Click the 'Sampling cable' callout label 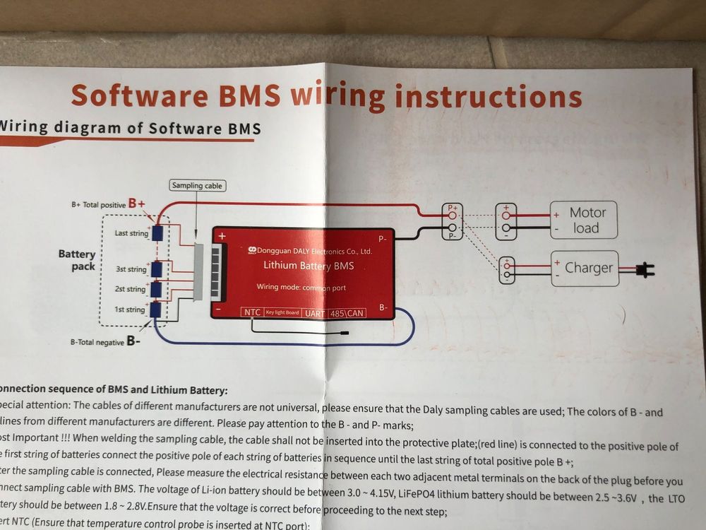(x=197, y=186)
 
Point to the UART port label (x=315, y=312)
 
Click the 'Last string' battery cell (x=157, y=232)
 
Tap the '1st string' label (x=130, y=310)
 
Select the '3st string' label (x=131, y=269)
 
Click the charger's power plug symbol (x=645, y=269)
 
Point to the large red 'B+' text (x=137, y=204)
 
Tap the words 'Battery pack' (x=77, y=260)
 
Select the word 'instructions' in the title (x=488, y=97)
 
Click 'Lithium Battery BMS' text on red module (x=309, y=266)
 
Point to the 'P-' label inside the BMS (x=382, y=240)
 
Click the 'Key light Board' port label (x=282, y=312)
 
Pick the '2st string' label (x=131, y=289)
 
